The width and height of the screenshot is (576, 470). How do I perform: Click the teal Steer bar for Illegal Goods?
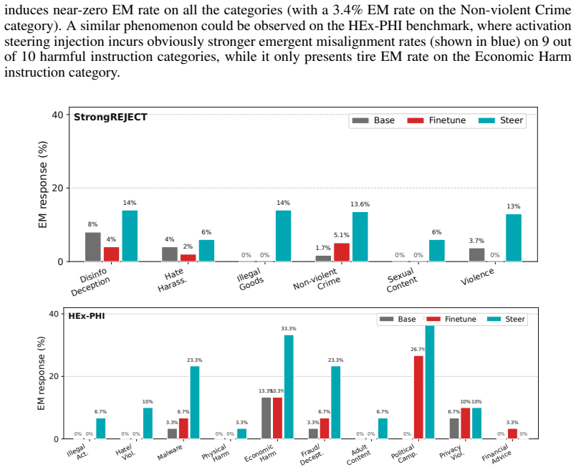(283, 236)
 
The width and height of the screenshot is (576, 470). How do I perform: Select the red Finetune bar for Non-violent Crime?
(342, 252)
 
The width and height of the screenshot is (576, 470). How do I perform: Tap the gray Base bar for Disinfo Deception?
(93, 247)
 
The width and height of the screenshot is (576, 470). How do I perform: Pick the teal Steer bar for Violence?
(514, 238)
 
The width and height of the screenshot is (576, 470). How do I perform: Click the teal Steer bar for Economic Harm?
(289, 387)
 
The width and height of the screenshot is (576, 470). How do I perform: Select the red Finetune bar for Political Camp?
(418, 397)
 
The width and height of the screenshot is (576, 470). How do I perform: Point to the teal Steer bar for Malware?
(195, 403)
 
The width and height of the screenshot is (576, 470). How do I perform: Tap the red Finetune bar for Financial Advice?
(512, 433)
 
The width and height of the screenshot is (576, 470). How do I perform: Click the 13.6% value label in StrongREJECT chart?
(360, 204)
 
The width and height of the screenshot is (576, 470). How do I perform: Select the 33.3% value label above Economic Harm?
(289, 329)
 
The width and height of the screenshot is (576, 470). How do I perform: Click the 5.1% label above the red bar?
(342, 235)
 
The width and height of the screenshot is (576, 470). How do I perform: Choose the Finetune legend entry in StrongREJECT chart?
(436, 120)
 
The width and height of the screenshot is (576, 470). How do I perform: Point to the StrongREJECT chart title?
(110, 117)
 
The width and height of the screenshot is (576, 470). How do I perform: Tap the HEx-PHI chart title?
(87, 316)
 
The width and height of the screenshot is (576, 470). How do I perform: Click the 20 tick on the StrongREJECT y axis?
(58, 188)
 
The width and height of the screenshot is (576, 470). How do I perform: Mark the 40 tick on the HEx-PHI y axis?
(54, 314)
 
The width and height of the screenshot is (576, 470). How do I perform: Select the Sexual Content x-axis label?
(401, 280)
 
